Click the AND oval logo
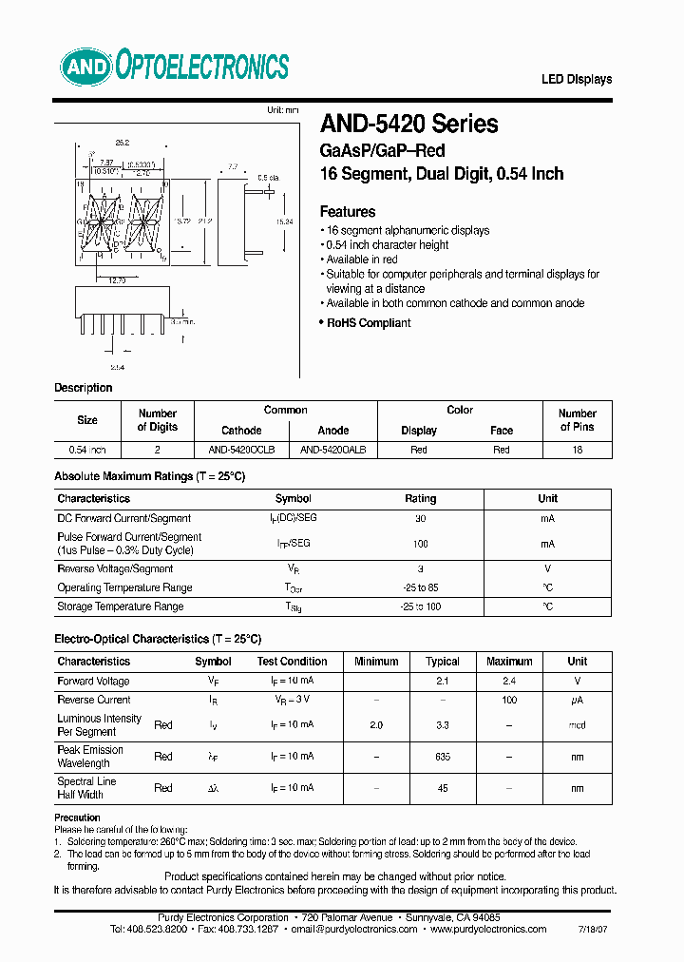86,67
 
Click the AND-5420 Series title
408,124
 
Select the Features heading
348,212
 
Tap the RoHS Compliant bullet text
369,323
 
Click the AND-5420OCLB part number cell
241,450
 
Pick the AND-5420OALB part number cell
332,450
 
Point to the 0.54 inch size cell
87,450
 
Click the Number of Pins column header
577,420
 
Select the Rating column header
421,498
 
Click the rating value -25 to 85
421,587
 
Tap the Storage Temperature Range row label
120,606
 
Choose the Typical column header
443,662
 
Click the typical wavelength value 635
443,757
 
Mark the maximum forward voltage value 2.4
509,682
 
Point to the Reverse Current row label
94,700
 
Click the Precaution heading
77,818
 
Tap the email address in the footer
353,930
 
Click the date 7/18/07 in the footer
596,930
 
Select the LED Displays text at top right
577,80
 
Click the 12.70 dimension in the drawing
116,280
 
